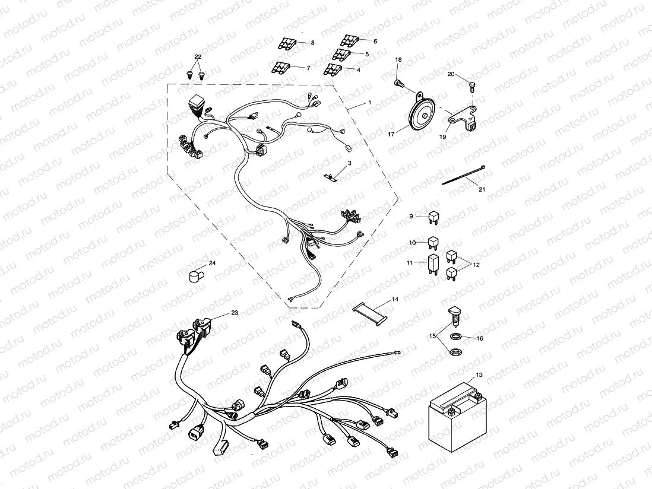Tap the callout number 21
[x=482, y=189]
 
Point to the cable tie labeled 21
[x=464, y=176]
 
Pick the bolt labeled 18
[x=400, y=84]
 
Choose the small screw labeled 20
[x=472, y=87]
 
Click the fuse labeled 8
[x=286, y=44]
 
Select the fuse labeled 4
[x=334, y=70]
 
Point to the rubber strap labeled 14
[x=369, y=312]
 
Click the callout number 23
[x=235, y=312]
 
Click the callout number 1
[x=369, y=103]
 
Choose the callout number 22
[x=198, y=56]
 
